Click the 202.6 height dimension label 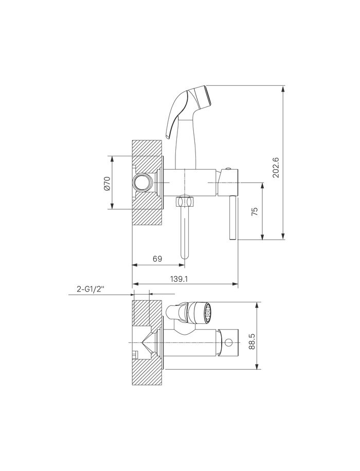276,168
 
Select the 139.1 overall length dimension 179,279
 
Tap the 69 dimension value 157,259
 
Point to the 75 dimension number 255,211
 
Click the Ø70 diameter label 107,183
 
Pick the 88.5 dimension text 252,341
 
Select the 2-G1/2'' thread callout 91,289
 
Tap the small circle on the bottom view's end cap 229,342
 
